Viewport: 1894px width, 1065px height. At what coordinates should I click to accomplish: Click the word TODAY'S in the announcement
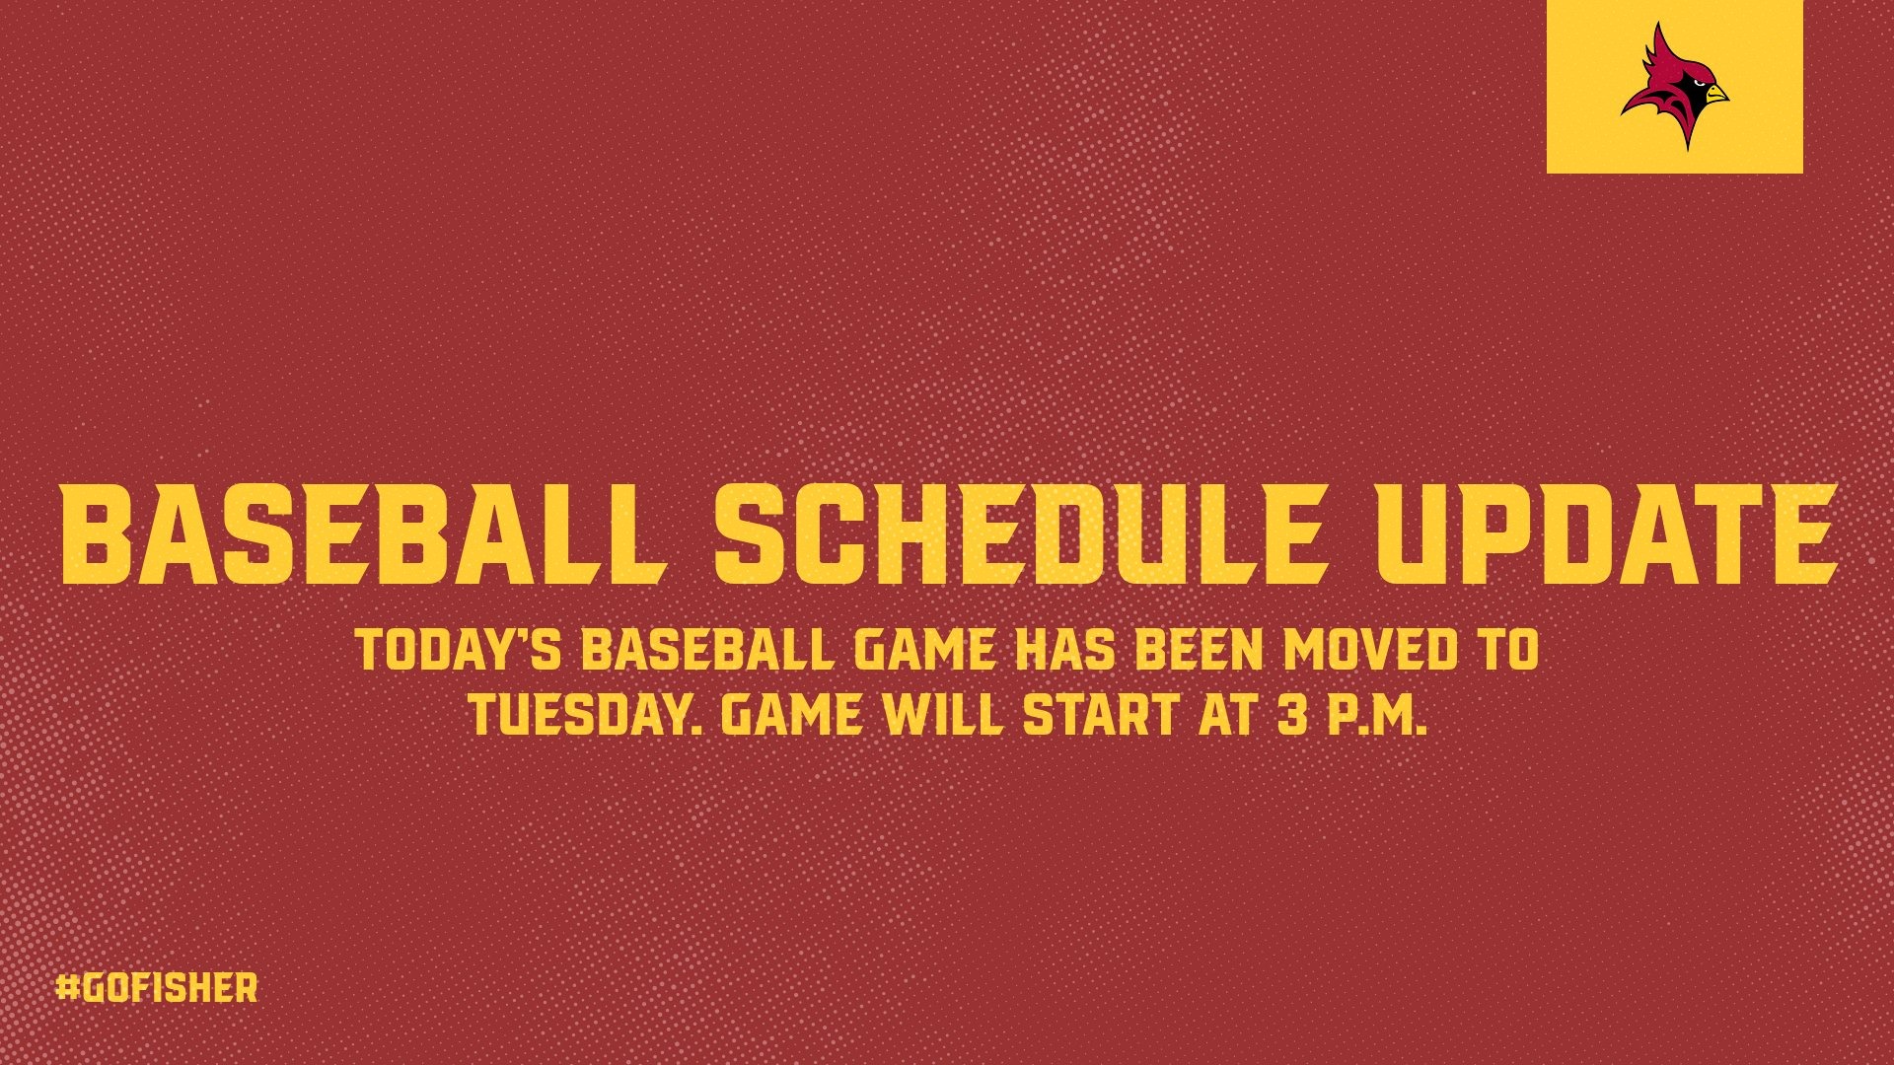click(460, 651)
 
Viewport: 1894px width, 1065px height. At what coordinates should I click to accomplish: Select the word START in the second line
click(1101, 714)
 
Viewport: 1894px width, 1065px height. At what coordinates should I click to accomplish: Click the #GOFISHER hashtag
click(157, 988)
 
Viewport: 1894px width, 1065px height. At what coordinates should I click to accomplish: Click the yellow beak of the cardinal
click(1715, 95)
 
